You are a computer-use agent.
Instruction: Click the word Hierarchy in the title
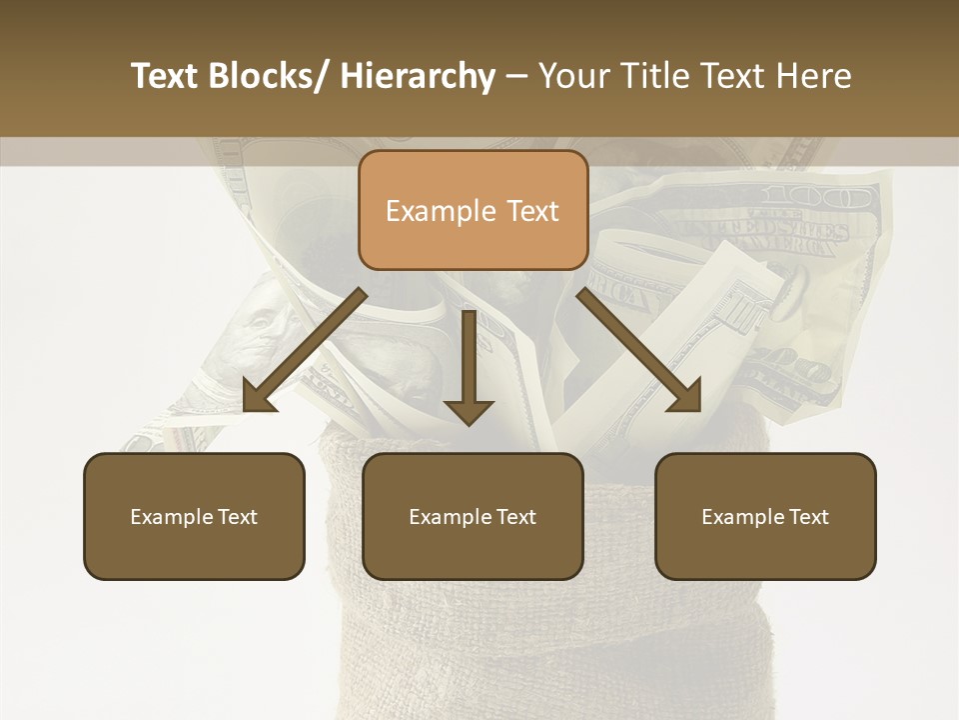[418, 77]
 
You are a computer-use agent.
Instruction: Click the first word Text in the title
[167, 77]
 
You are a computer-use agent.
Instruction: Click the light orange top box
[473, 210]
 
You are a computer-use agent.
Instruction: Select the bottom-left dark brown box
[194, 516]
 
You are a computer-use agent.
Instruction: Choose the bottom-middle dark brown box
[473, 516]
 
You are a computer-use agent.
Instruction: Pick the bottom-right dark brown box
[765, 516]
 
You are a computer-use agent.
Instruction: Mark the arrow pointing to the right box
[640, 350]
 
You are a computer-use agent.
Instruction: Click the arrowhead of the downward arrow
[469, 410]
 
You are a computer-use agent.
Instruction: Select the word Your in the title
[572, 77]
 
